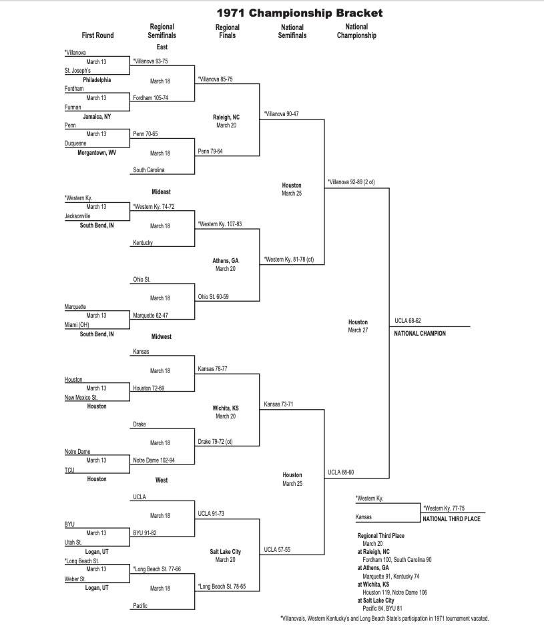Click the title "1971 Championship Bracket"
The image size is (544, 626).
[x=300, y=13]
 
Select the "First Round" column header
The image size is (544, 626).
[x=97, y=35]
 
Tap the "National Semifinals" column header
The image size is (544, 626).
[x=292, y=31]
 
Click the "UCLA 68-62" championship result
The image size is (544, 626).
[x=408, y=321]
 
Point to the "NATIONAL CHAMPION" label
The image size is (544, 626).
[x=420, y=333]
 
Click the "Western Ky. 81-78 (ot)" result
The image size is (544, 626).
[x=288, y=260]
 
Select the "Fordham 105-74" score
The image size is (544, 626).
[x=150, y=97]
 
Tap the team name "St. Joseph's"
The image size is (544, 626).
[x=77, y=70]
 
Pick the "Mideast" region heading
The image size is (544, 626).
[x=162, y=192]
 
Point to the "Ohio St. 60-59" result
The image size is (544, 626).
[x=214, y=296]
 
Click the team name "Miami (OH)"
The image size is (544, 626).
[x=77, y=324]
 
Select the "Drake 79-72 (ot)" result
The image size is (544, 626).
[x=218, y=441]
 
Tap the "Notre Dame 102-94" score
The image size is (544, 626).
[x=154, y=460]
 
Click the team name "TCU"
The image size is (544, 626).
[x=69, y=470]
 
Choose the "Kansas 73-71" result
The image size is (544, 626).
[x=278, y=404]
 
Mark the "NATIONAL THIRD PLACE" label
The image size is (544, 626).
[x=452, y=519]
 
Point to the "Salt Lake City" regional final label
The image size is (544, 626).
[x=226, y=552]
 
